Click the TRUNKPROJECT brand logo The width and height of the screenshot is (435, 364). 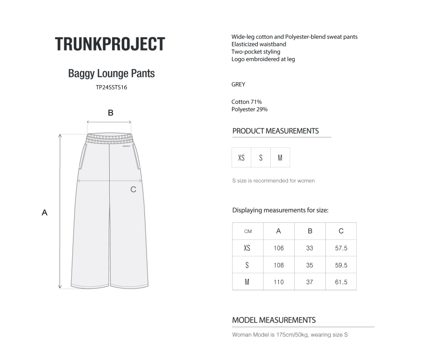pyautogui.click(x=110, y=44)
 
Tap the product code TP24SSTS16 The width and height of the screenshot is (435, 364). pyautogui.click(x=111, y=87)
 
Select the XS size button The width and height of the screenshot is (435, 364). pyautogui.click(x=241, y=158)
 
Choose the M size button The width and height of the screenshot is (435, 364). pyautogui.click(x=280, y=158)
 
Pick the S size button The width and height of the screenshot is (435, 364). pyautogui.click(x=261, y=158)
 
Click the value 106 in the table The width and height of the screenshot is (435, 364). pyautogui.click(x=278, y=248)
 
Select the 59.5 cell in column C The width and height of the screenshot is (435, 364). pyautogui.click(x=341, y=265)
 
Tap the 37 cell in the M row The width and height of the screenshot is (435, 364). pyautogui.click(x=309, y=282)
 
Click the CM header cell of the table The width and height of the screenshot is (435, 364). pyautogui.click(x=247, y=231)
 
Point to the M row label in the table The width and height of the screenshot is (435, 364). pyautogui.click(x=247, y=282)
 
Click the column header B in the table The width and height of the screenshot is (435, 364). pyautogui.click(x=310, y=231)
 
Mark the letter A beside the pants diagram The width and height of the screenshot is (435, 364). pyautogui.click(x=44, y=212)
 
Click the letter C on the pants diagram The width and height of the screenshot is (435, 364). pyautogui.click(x=133, y=189)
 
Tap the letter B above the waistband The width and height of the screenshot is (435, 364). pyautogui.click(x=111, y=113)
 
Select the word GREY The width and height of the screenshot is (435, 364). pyautogui.click(x=238, y=84)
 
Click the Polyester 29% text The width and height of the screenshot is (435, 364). pyautogui.click(x=249, y=109)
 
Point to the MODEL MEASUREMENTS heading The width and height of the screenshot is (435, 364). pyautogui.click(x=274, y=320)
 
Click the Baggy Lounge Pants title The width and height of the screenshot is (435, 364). pyautogui.click(x=111, y=73)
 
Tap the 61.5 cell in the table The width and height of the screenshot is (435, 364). pyautogui.click(x=341, y=282)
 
